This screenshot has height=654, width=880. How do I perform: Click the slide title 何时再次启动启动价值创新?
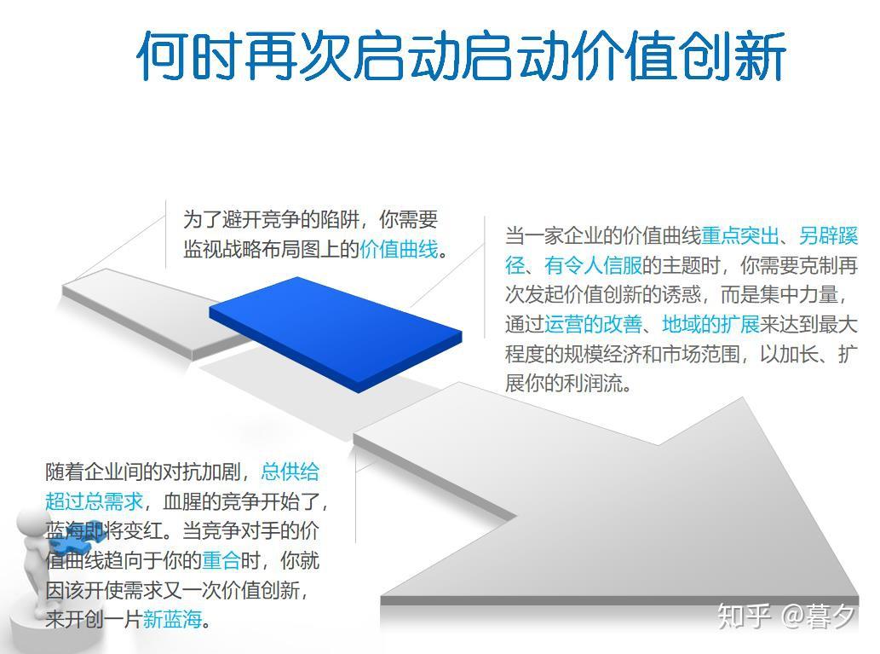(x=461, y=55)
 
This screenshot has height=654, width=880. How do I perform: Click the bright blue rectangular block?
(x=336, y=334)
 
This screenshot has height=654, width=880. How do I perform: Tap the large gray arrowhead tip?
(x=745, y=398)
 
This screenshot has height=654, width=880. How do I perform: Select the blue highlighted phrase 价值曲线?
(x=399, y=249)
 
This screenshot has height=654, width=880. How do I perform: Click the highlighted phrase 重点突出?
(x=740, y=235)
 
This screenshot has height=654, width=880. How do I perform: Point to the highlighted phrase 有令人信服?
(x=593, y=265)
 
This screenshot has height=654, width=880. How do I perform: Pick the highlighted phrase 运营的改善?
(x=593, y=324)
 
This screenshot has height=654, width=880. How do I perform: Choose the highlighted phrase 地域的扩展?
(x=710, y=324)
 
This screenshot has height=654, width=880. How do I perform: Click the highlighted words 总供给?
(x=290, y=472)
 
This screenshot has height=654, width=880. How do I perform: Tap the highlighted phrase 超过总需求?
(x=95, y=501)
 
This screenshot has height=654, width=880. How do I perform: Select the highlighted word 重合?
(x=221, y=560)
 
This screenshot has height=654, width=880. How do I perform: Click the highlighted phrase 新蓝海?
(x=172, y=619)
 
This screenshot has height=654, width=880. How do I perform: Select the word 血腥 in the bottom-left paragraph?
(x=181, y=501)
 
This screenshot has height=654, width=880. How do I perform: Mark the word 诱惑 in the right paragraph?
(x=682, y=294)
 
